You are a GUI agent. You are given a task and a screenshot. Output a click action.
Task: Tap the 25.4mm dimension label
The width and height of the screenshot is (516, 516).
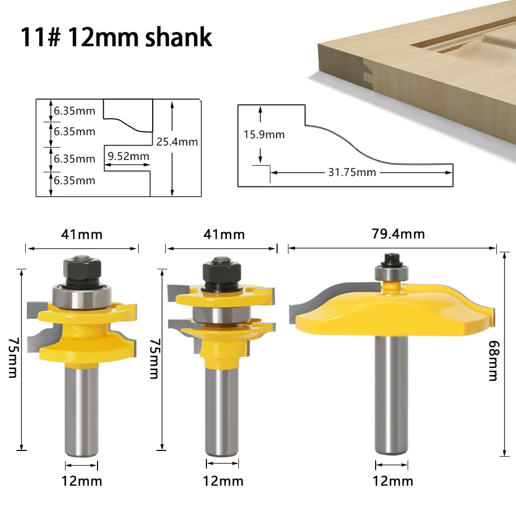(x=177, y=142)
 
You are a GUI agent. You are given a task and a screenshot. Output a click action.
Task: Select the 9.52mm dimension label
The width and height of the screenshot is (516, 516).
(x=128, y=156)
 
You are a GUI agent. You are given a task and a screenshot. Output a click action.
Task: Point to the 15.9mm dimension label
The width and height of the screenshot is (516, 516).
(x=264, y=135)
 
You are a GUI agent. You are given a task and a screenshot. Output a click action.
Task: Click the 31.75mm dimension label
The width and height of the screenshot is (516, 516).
(x=352, y=172)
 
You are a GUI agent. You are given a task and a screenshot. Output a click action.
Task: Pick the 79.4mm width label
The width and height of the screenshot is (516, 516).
(x=398, y=234)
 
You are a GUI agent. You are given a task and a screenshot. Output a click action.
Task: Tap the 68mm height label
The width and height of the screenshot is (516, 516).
(x=494, y=361)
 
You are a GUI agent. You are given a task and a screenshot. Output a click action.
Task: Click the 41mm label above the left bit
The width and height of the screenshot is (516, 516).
(x=82, y=235)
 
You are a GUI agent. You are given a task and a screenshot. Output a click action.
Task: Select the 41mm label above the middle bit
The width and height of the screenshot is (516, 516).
(x=224, y=235)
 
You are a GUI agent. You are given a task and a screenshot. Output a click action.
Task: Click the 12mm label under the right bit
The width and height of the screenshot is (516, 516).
(x=393, y=481)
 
